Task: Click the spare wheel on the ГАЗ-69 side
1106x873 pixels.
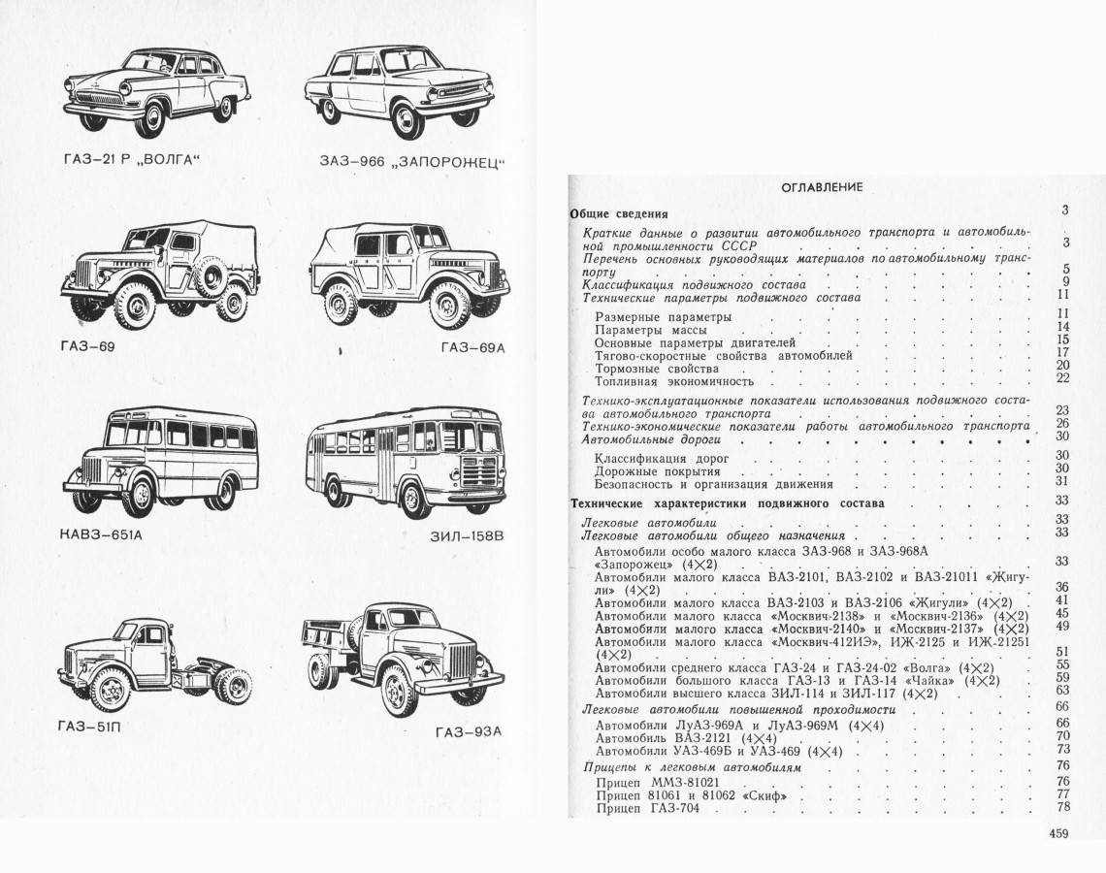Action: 209,276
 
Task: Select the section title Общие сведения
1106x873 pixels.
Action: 618,213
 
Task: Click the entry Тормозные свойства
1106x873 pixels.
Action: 657,370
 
